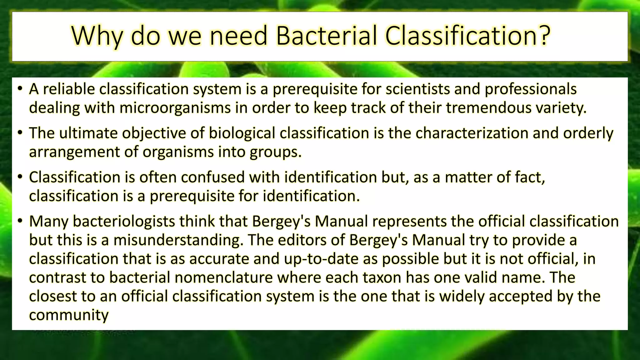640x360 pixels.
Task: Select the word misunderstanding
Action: coord(178,240)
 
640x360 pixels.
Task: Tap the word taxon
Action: coord(382,277)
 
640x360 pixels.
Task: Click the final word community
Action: coord(69,315)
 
